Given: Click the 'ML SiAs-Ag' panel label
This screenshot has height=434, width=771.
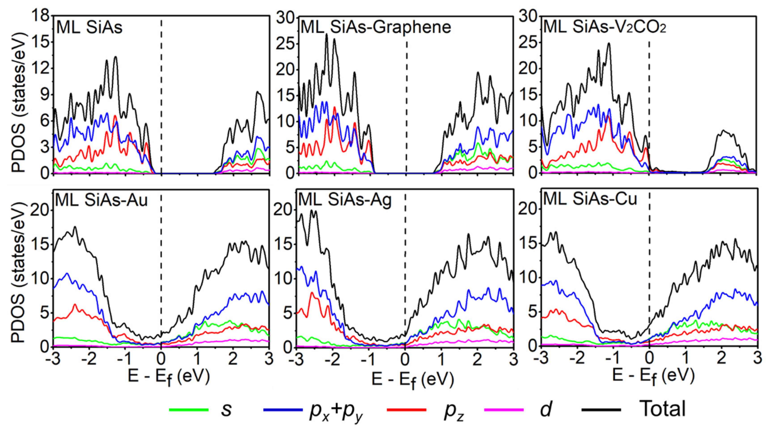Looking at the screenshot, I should click(x=345, y=200).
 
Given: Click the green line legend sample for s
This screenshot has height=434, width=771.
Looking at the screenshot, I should click(x=189, y=409).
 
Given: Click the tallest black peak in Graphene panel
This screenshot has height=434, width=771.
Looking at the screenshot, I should click(x=326, y=34).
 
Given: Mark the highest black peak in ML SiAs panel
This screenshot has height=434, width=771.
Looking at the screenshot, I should click(x=116, y=57).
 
